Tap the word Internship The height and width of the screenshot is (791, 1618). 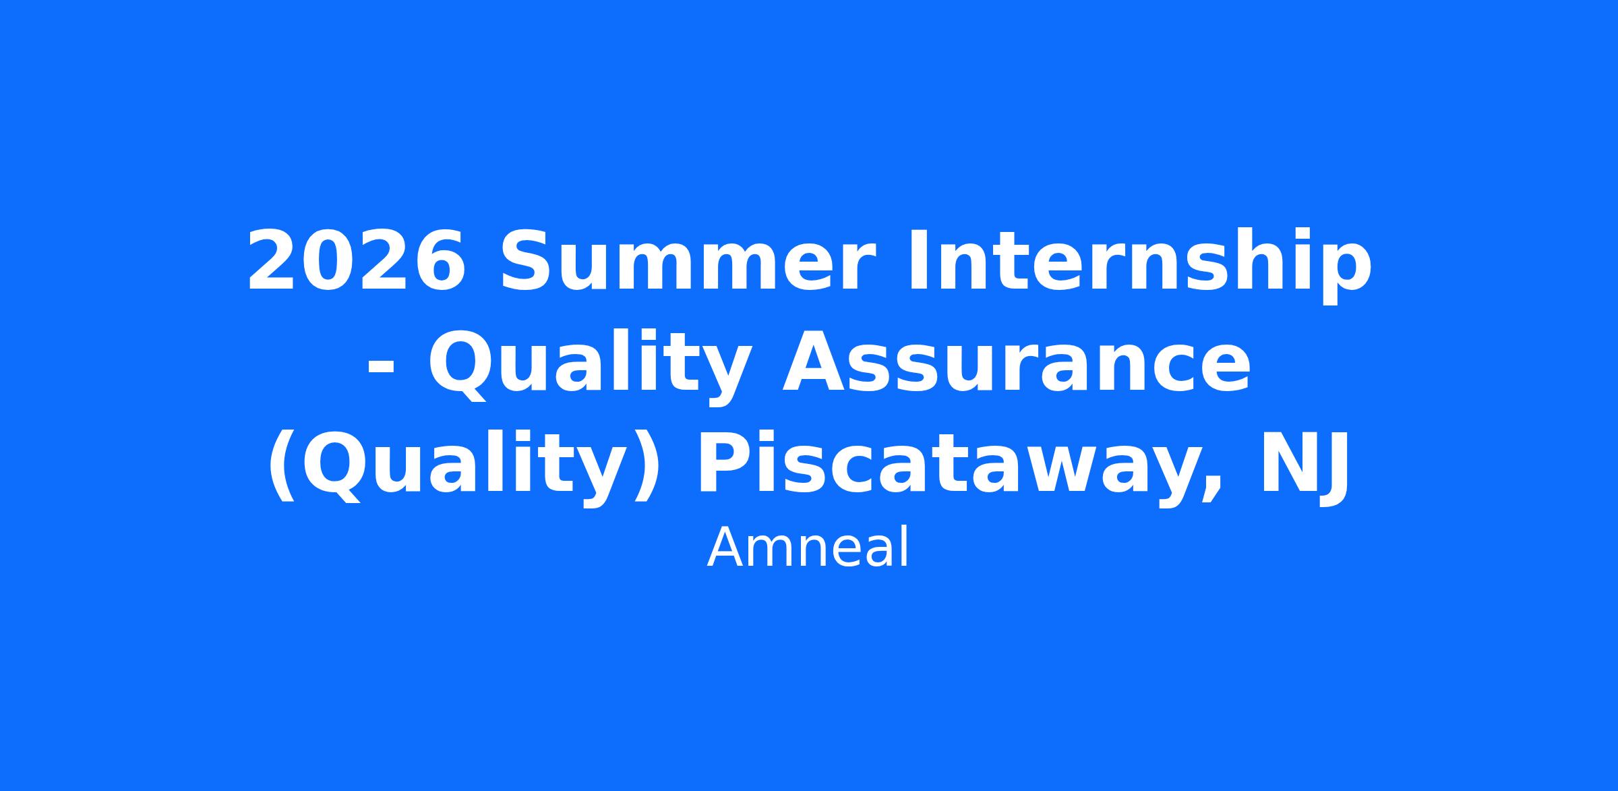click(1140, 264)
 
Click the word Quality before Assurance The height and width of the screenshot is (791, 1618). click(591, 368)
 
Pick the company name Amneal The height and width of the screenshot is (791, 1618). click(808, 549)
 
